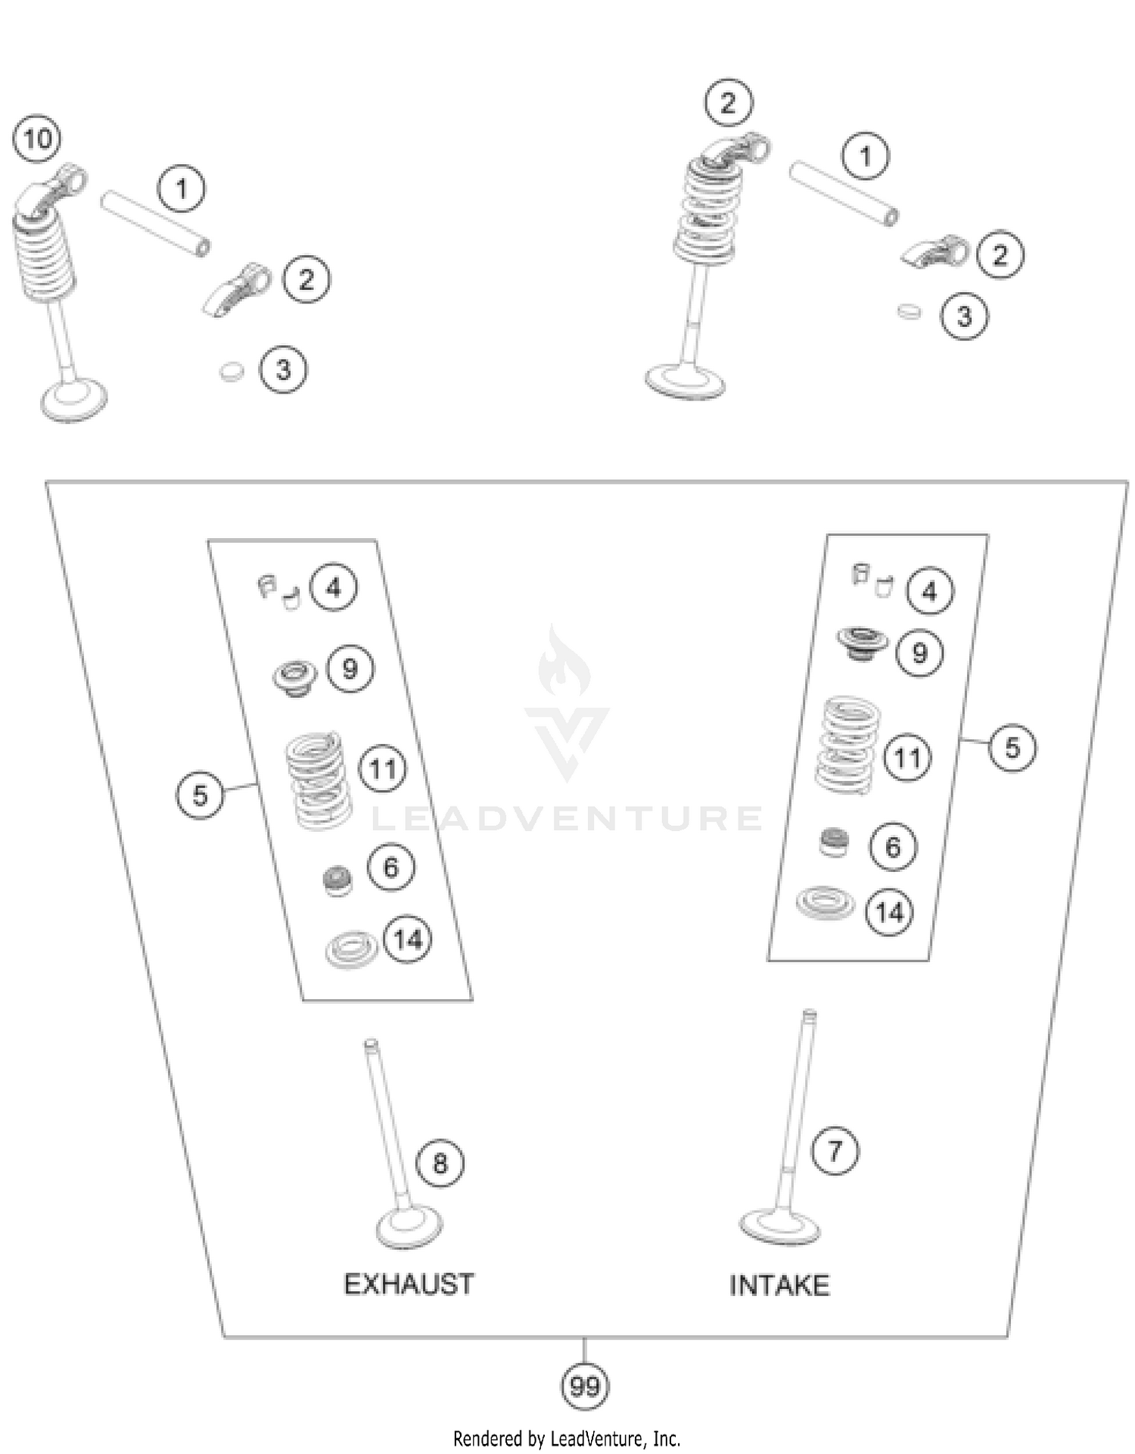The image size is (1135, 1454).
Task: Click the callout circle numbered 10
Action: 37,139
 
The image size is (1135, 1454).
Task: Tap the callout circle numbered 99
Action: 584,1387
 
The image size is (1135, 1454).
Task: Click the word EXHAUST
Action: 409,1284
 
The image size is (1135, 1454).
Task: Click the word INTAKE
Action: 779,1285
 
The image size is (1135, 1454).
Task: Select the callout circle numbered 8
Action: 440,1163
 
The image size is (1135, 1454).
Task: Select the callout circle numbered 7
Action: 835,1151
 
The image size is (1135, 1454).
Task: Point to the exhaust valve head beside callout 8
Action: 409,1227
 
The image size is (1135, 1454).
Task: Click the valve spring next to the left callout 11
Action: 318,779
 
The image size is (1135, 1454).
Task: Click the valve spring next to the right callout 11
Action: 847,745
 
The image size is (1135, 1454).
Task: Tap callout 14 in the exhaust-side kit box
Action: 408,939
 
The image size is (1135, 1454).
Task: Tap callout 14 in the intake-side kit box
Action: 889,912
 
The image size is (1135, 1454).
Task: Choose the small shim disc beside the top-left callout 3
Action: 232,372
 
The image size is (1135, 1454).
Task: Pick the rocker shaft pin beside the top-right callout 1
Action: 844,193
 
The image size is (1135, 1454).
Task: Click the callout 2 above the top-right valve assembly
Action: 728,102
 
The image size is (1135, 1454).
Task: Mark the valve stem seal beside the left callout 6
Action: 337,880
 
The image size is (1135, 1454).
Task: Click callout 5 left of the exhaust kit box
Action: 200,795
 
